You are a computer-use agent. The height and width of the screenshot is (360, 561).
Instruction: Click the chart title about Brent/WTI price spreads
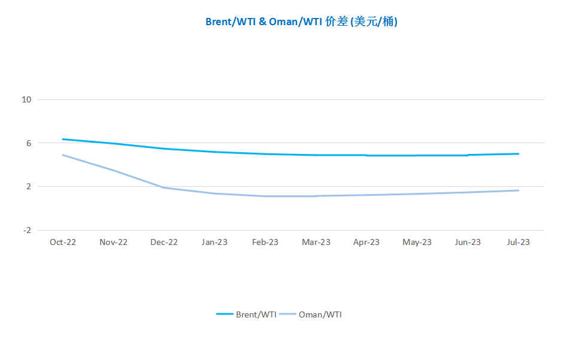pos(301,22)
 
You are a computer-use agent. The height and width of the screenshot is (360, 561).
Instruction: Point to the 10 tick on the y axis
pos(26,99)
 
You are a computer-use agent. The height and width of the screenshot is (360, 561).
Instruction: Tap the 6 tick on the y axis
pos(28,143)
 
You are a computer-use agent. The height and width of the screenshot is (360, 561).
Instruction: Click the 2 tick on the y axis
pos(28,186)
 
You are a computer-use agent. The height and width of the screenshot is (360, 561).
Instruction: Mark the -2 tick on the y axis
pos(26,230)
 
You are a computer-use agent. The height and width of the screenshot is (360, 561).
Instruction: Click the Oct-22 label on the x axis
pos(63,243)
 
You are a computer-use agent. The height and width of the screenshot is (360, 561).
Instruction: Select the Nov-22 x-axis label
pos(113,243)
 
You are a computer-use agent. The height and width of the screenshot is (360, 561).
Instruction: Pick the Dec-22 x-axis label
pos(164,243)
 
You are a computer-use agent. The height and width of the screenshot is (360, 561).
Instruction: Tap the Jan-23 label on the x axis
pos(214,243)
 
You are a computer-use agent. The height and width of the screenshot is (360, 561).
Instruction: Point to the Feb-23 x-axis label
pos(265,243)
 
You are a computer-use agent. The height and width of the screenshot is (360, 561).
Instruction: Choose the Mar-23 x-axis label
pos(316,243)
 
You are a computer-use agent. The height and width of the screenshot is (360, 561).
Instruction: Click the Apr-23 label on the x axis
pos(366,243)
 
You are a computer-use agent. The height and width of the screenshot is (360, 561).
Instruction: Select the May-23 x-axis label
pos(417,243)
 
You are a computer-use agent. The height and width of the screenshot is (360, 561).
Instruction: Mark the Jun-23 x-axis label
pos(468,243)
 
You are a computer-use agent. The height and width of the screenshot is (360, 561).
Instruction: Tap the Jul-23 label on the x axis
pos(518,243)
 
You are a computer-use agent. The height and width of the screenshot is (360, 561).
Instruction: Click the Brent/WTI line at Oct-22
pos(63,140)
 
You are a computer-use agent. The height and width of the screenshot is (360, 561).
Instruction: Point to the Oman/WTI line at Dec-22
pos(164,187)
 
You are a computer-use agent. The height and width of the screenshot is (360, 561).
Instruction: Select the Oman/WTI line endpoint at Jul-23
pos(518,190)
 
